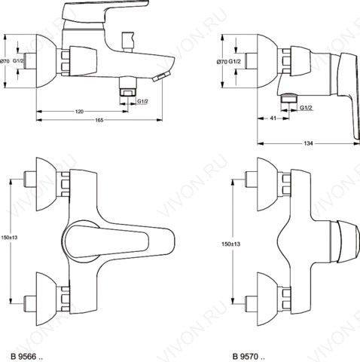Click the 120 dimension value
pos(79,112)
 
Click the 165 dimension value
pos(99,120)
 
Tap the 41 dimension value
pos(273,118)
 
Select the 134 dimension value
pos(309,143)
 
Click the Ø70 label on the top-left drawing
pos(5,61)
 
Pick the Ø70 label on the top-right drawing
pos(222,62)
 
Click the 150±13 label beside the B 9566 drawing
pos(9,238)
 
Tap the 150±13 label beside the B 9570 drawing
pos(230,244)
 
